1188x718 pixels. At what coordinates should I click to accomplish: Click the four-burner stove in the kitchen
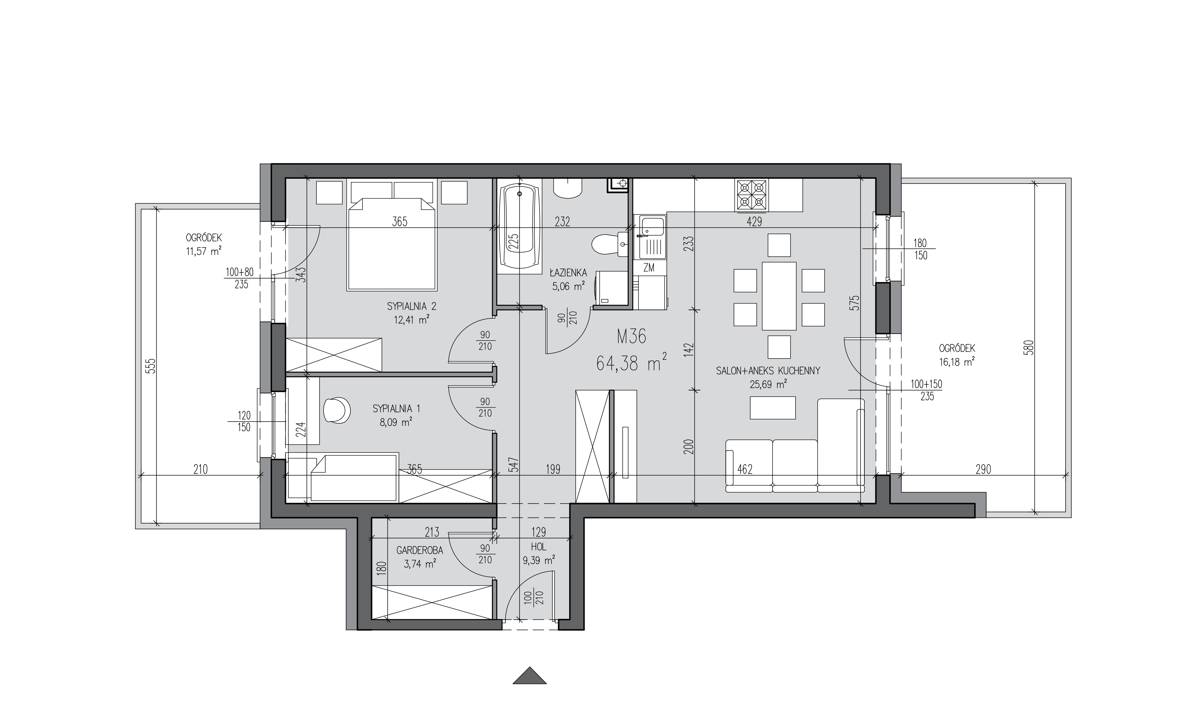(751, 195)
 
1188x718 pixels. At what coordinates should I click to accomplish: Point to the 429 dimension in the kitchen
(754, 222)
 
